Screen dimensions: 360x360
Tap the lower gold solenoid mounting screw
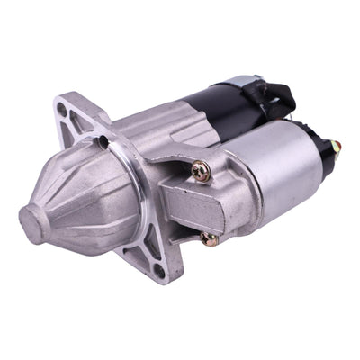coord(207,238)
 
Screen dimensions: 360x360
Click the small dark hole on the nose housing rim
coord(104,141)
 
